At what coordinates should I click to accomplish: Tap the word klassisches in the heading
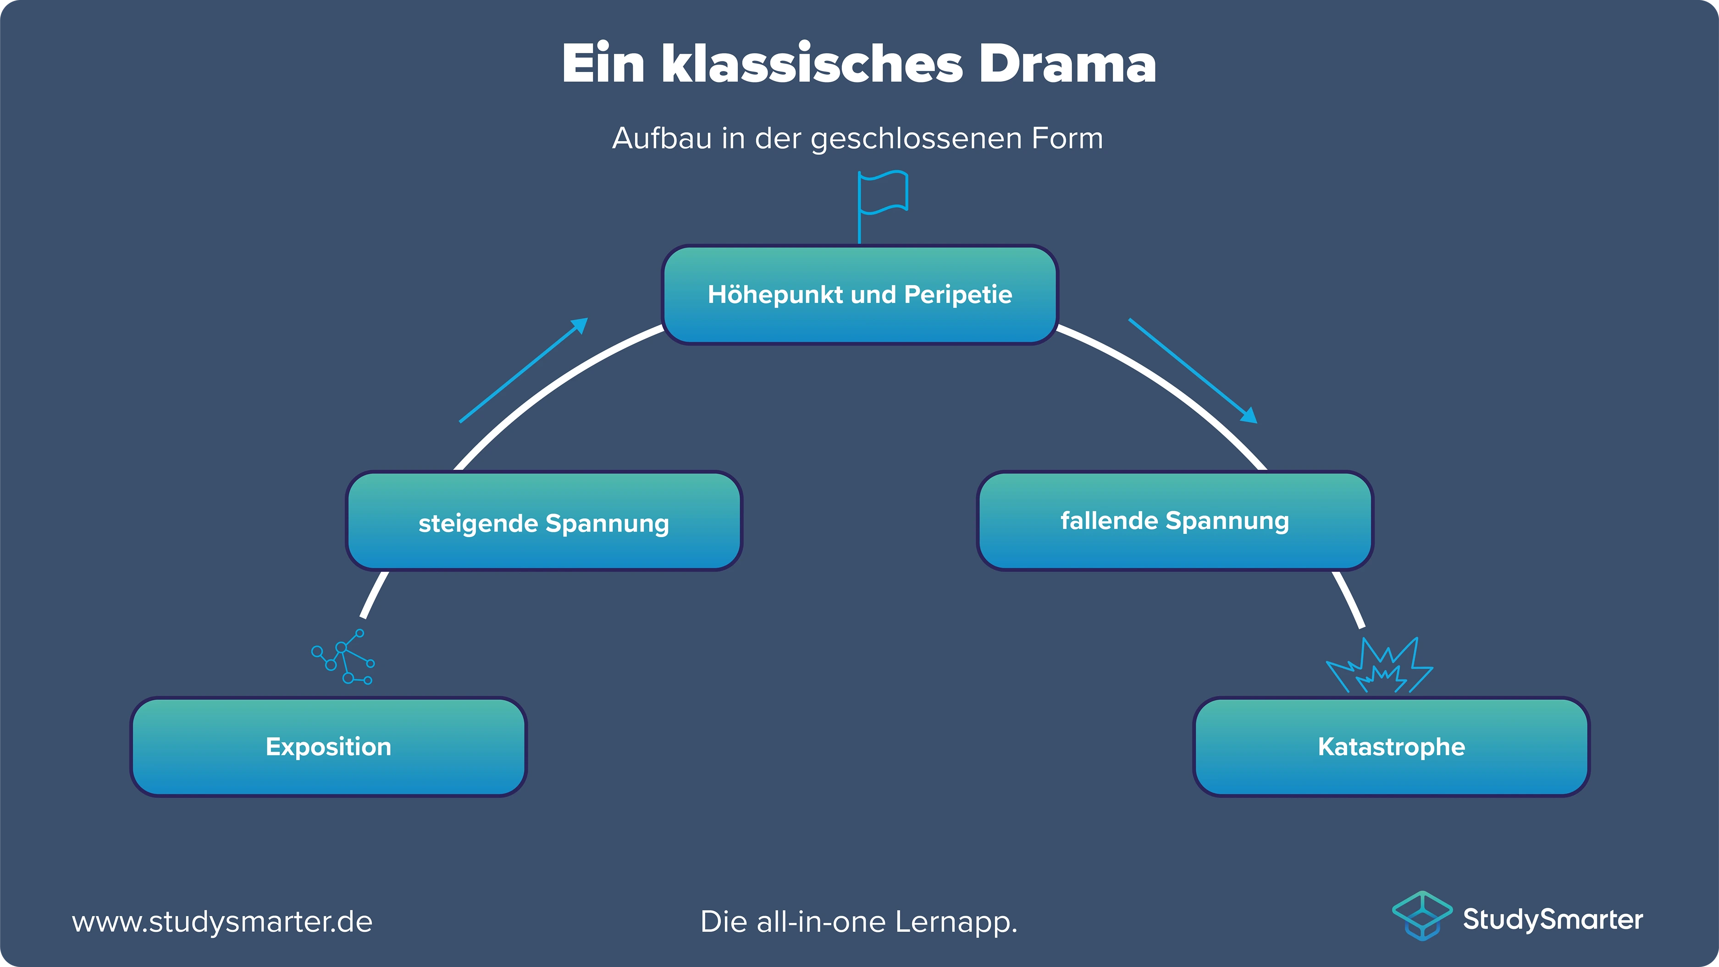812,64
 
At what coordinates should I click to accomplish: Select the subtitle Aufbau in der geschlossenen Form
857,139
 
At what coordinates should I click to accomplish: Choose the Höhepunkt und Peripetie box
859,295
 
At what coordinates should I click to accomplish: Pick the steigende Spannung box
543,522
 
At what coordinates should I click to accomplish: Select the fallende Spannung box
1174,520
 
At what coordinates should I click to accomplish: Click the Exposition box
328,746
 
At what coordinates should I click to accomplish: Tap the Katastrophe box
1391,746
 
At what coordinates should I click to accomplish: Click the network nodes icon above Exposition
343,657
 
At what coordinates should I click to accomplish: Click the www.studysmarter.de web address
222,922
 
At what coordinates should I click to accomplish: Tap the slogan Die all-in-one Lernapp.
858,922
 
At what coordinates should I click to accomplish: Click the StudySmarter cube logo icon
1422,916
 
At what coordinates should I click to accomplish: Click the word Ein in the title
602,64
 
